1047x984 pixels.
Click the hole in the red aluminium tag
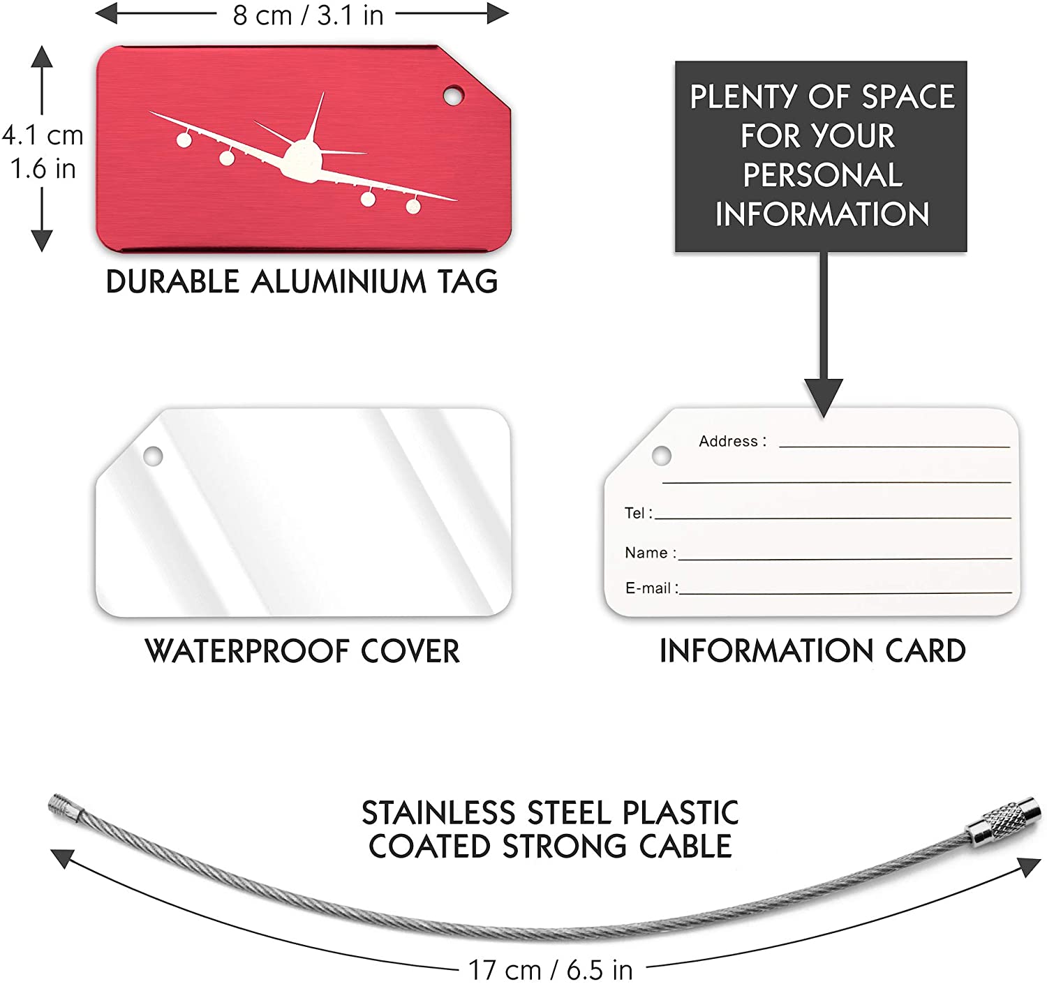(x=453, y=96)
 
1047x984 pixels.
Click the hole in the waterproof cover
(x=153, y=456)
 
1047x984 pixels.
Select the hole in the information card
(x=662, y=456)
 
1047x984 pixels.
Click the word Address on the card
(x=729, y=441)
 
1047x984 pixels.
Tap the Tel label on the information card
(x=634, y=513)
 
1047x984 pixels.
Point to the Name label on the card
(x=646, y=553)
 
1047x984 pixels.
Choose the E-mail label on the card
(x=648, y=588)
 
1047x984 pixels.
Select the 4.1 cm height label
(x=43, y=135)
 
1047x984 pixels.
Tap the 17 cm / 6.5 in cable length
(x=551, y=969)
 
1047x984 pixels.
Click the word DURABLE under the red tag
(x=172, y=282)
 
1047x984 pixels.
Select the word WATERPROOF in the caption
(x=247, y=651)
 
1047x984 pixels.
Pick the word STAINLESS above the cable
(x=438, y=812)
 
